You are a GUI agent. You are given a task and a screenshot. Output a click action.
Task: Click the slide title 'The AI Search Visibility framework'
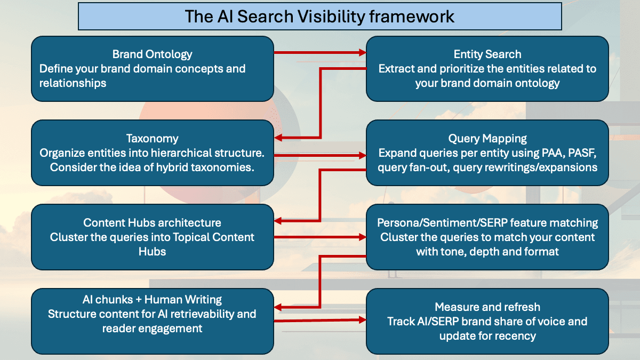[319, 16]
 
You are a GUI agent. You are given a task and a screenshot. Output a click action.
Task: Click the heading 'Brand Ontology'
[152, 54]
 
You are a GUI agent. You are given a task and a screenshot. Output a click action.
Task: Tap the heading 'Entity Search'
[487, 54]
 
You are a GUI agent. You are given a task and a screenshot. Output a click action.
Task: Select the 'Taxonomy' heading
[152, 138]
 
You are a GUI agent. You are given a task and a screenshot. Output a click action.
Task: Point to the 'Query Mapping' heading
[487, 138]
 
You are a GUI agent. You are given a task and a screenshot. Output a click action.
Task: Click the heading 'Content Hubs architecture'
[152, 222]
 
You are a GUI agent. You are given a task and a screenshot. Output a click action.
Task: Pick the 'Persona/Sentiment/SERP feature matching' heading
[487, 222]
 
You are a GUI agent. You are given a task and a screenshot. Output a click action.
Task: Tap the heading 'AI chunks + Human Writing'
[152, 299]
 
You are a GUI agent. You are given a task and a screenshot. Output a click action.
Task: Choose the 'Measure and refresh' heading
[487, 307]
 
